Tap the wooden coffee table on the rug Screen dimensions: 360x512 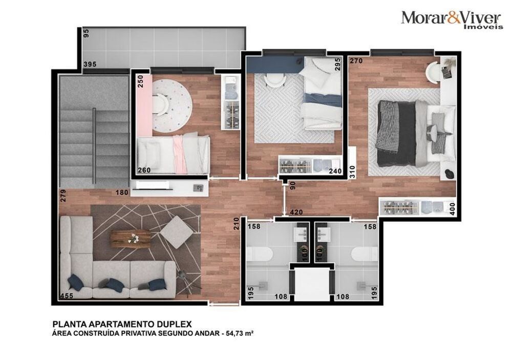coord(131,239)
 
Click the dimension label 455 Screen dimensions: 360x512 coord(66,297)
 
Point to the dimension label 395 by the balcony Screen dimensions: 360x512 coord(90,64)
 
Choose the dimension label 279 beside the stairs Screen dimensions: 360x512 coord(63,196)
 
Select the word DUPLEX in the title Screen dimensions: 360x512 coord(172,324)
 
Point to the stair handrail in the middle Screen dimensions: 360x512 coord(94,145)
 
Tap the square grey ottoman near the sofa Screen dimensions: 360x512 coord(177,232)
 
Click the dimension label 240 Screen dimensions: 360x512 coord(335,172)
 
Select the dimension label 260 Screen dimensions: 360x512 coord(144,171)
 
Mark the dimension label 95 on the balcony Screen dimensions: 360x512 coord(86,33)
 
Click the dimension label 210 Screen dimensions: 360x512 coord(237,224)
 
